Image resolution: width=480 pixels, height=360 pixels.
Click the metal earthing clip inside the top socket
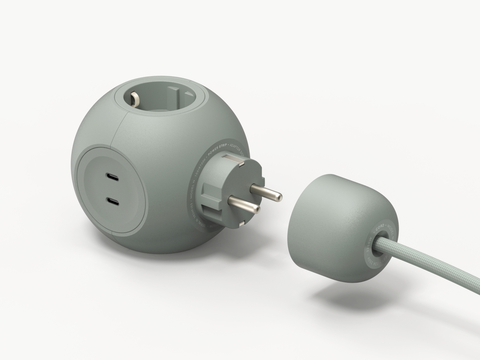[134, 99]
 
